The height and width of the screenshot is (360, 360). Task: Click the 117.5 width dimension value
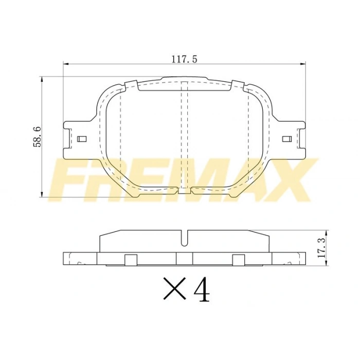pyautogui.click(x=184, y=59)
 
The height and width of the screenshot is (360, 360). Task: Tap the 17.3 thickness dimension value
pyautogui.click(x=321, y=248)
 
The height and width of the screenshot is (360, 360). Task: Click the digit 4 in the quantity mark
pyautogui.click(x=202, y=290)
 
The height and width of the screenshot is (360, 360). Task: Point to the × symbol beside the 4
pyautogui.click(x=174, y=290)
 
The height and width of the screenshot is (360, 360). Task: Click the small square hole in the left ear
pyautogui.click(x=80, y=138)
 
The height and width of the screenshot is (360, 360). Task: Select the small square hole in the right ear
pyautogui.click(x=287, y=138)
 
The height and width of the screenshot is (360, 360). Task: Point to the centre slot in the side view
pyautogui.click(x=184, y=238)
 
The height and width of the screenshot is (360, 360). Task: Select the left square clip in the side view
pyautogui.click(x=131, y=260)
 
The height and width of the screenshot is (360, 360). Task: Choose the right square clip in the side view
pyautogui.click(x=238, y=260)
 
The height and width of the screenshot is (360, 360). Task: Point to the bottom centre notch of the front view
pyautogui.click(x=184, y=191)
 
